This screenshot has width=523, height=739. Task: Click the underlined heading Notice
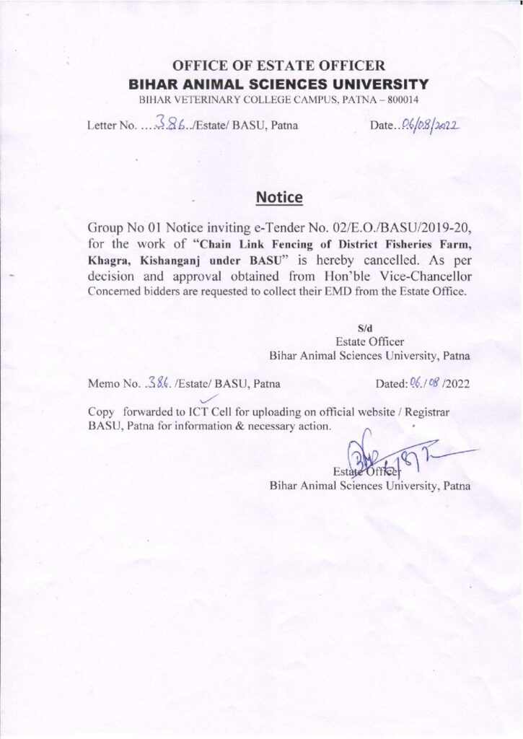tap(279, 196)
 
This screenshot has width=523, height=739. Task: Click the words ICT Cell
tap(211, 412)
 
